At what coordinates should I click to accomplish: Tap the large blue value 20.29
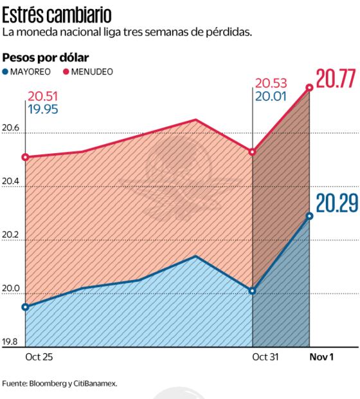click(x=334, y=204)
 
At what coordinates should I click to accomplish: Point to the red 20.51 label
click(x=42, y=97)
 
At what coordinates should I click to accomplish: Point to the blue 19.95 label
click(x=42, y=109)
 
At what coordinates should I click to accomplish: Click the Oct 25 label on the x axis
click(x=39, y=357)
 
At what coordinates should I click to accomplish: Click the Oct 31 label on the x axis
click(x=265, y=357)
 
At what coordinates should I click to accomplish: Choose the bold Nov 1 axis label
click(x=322, y=357)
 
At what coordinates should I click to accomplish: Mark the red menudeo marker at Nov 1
click(x=310, y=87)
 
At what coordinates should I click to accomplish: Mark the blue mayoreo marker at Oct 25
click(x=26, y=307)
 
